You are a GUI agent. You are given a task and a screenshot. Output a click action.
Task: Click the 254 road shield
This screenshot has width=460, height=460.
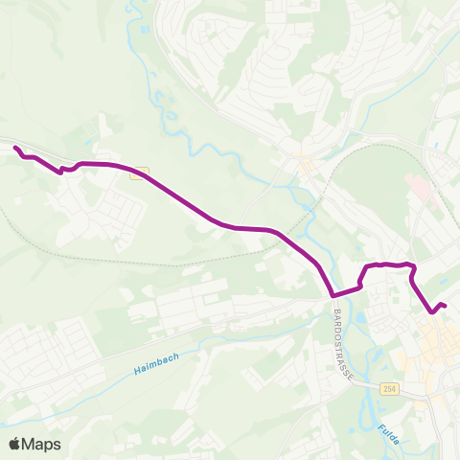388,388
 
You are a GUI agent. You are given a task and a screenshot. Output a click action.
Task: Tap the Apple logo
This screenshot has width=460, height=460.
15,444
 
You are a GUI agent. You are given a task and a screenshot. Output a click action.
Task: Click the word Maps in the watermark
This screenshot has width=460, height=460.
42,445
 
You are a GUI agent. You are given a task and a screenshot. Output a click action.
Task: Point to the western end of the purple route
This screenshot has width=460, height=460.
15,147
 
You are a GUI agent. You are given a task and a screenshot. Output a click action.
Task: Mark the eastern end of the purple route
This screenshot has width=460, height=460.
446,306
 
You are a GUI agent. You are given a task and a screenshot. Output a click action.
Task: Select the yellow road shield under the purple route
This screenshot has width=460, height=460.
140,173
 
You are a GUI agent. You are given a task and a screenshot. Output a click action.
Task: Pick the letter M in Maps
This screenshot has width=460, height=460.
31,445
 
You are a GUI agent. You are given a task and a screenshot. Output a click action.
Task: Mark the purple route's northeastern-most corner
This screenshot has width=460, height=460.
412,265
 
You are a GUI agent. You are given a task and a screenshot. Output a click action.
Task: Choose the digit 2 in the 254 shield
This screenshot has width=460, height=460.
383,388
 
